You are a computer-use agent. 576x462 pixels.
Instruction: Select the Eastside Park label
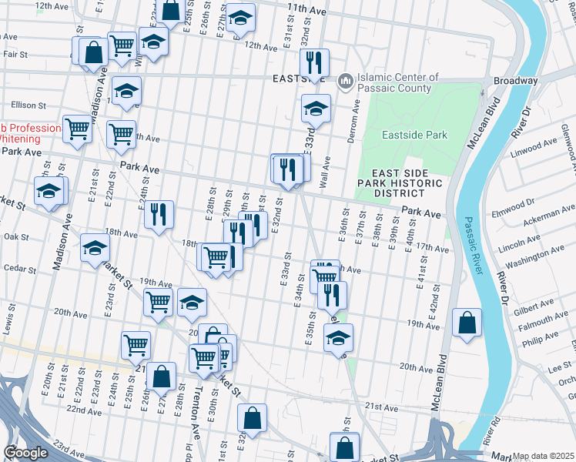pyautogui.click(x=414, y=135)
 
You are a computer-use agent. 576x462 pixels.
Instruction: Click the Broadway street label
pyautogui.click(x=515, y=81)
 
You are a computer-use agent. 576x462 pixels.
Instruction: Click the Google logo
pyautogui.click(x=25, y=453)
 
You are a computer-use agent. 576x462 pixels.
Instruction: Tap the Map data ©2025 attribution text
pyautogui.click(x=544, y=456)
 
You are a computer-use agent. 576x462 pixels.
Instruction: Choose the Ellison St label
pyautogui.click(x=28, y=105)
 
